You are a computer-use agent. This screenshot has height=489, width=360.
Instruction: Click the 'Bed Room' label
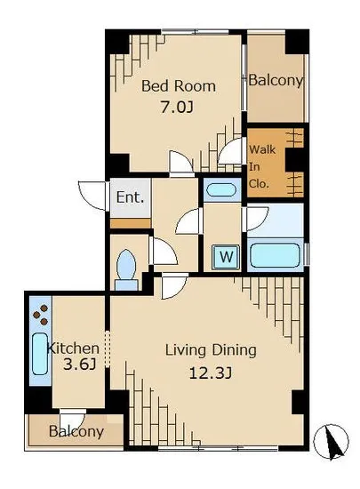tap(179, 86)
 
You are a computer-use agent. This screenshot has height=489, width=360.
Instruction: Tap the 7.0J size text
tap(177, 108)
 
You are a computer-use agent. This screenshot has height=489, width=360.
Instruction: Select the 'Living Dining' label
tap(211, 351)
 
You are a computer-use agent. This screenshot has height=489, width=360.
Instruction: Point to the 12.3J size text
tap(211, 373)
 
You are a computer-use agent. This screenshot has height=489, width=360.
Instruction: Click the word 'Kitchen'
tap(73, 348)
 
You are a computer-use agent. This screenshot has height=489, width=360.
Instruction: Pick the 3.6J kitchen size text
tap(79, 365)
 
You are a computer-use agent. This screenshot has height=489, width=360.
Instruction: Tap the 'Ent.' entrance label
tap(130, 197)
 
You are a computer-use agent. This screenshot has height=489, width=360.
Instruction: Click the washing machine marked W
tap(226, 257)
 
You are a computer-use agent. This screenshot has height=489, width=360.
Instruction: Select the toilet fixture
tap(126, 270)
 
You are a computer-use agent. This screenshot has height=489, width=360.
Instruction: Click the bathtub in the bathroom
tap(275, 255)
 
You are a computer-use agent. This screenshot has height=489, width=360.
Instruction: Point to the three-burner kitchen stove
tap(41, 315)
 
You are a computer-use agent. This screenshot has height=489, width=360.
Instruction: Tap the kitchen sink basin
tap(40, 354)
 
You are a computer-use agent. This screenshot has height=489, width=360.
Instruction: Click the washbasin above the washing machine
tap(221, 190)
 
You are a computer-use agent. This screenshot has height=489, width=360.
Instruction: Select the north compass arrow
tap(331, 441)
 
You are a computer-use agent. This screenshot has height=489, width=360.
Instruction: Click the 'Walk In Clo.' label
tap(262, 166)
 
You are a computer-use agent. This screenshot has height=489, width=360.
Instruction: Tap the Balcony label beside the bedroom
tap(276, 81)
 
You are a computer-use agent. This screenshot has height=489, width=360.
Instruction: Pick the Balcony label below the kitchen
tap(76, 431)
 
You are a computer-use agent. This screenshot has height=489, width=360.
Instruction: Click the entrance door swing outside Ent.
tap(92, 196)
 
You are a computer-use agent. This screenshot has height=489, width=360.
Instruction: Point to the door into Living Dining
tap(174, 285)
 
